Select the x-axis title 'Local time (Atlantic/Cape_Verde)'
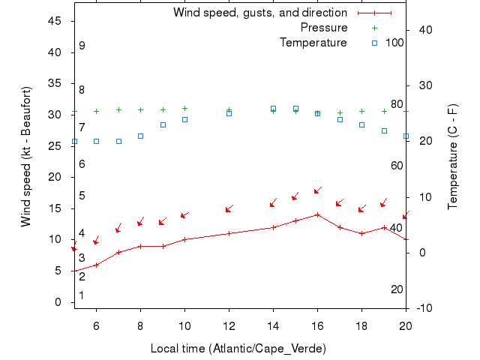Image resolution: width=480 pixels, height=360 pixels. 238,349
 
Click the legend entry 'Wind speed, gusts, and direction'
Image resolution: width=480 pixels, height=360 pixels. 259,13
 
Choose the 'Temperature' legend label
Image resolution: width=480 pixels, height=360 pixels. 313,43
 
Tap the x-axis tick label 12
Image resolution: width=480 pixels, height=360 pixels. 229,325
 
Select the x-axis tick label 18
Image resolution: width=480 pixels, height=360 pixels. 361,325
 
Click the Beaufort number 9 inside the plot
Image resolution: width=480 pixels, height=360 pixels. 82,46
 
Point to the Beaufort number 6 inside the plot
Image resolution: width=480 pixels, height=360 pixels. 82,163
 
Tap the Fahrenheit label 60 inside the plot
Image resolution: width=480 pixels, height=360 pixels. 397,165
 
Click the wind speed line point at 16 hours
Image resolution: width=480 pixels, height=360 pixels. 318,214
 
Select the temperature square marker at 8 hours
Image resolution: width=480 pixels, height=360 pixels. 140,136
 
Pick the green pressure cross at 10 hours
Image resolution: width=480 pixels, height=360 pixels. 184,109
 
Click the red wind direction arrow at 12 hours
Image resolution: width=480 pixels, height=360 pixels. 229,208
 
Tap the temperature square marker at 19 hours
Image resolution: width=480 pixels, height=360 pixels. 384,130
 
